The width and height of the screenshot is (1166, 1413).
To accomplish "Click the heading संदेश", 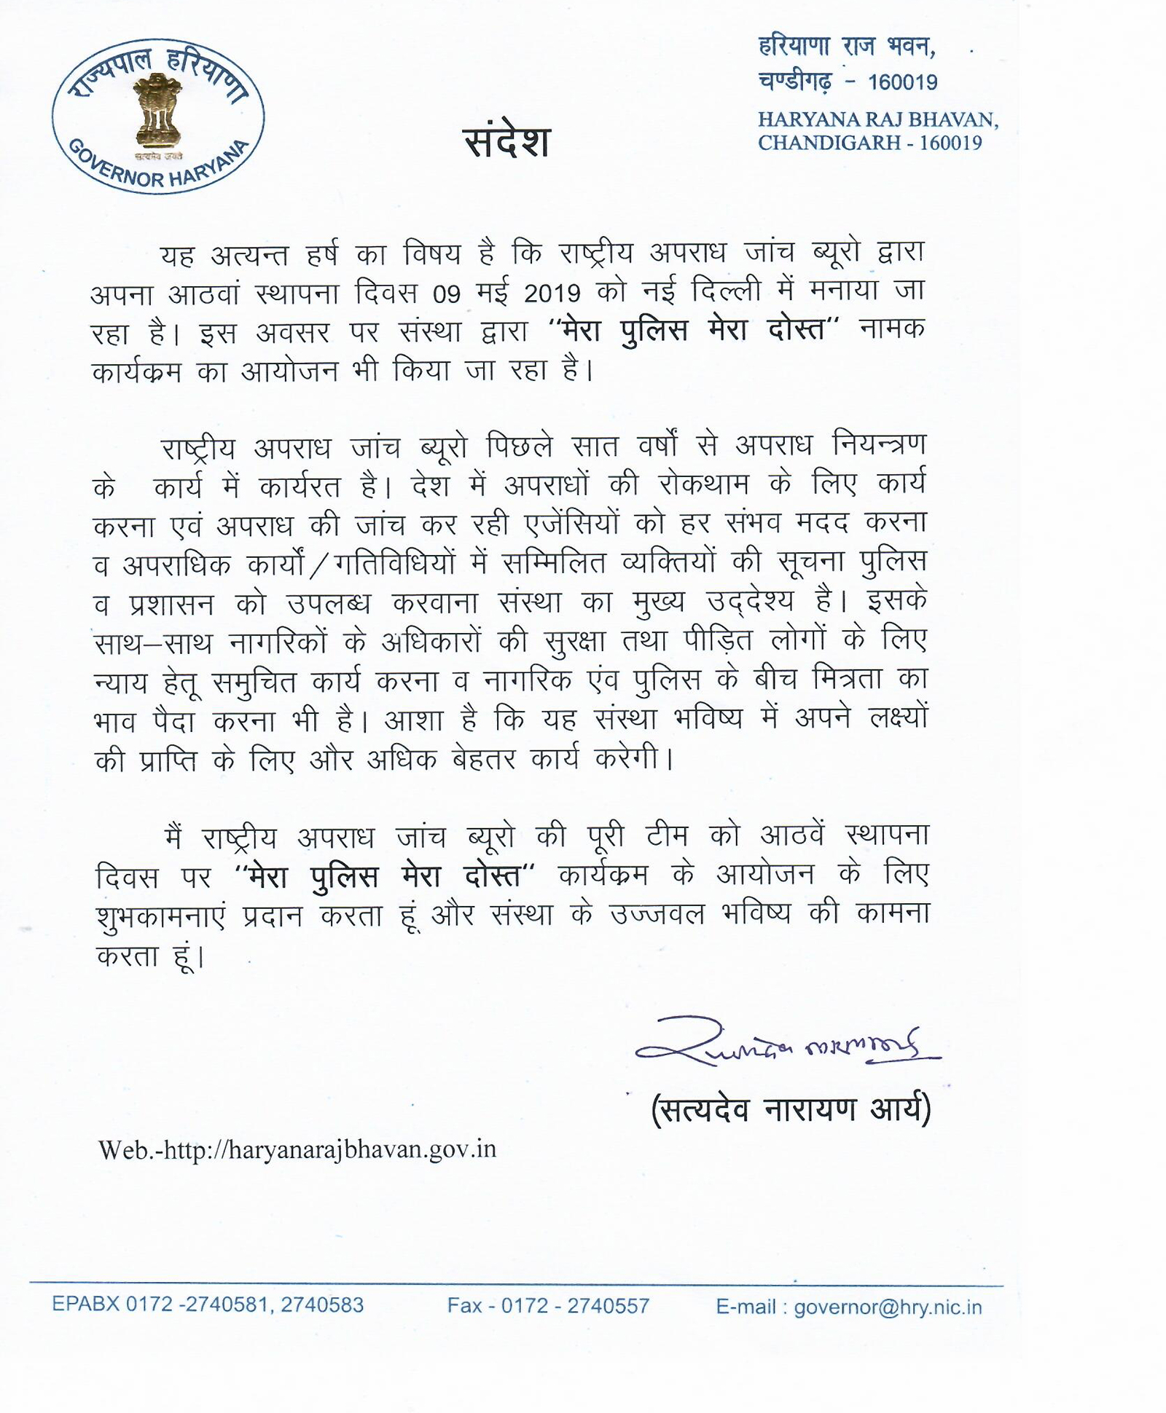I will (507, 141).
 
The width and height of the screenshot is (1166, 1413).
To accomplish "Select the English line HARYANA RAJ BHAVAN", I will (877, 119).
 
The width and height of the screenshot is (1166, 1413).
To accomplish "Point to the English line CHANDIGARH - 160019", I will (869, 143).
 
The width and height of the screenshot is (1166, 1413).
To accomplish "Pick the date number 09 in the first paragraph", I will (447, 294).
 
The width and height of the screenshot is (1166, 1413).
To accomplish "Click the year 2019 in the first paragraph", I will (552, 294).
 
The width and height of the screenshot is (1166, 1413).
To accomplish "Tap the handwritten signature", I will (787, 1043).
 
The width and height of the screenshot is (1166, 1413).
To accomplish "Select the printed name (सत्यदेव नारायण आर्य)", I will (791, 1110).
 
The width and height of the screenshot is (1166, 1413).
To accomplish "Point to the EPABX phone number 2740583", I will (321, 1305).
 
